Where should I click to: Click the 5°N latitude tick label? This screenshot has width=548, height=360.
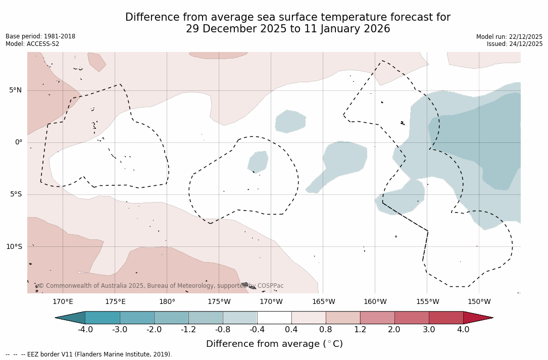(x=15, y=90)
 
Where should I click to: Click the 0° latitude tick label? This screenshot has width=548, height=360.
(x=19, y=142)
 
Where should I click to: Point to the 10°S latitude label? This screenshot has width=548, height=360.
(x=14, y=247)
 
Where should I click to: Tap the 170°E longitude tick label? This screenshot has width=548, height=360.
(x=63, y=302)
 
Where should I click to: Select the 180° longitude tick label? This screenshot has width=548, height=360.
(x=167, y=302)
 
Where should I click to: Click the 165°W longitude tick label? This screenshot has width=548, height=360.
(x=323, y=302)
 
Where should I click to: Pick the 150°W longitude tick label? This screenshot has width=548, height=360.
(x=479, y=302)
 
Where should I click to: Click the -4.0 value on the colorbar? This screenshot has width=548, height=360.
(x=85, y=330)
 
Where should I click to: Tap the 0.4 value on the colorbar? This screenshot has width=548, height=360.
(x=291, y=330)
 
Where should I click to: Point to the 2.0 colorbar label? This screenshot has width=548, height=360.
(x=394, y=330)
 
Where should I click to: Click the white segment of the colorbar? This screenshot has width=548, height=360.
(x=274, y=318)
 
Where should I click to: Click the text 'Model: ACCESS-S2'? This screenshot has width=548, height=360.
(x=32, y=44)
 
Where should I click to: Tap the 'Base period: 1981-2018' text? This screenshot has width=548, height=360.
(x=40, y=36)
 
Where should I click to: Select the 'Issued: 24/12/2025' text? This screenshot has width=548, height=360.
(x=515, y=44)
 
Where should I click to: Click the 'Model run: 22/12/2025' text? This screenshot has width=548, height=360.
(x=509, y=37)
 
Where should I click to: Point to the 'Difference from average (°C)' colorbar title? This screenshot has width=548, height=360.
(x=274, y=344)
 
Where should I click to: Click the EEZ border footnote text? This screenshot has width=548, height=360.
(x=89, y=354)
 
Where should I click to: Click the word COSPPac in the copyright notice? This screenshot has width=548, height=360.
(x=270, y=286)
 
